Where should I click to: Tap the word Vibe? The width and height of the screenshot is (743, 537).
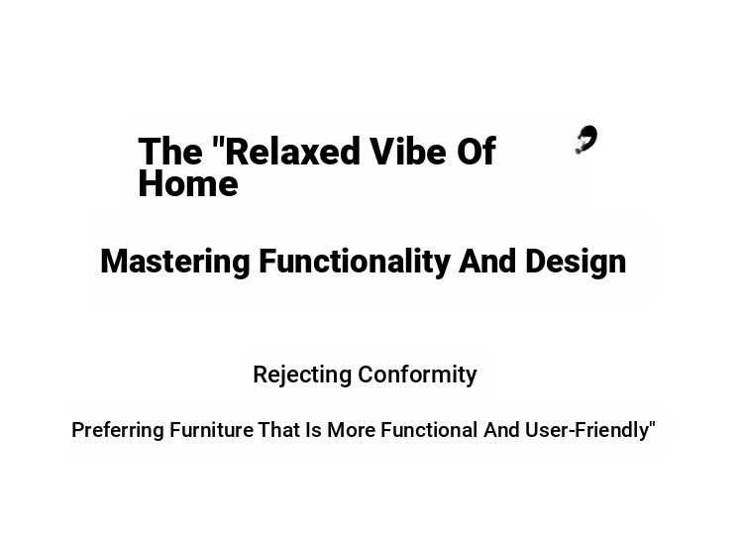point(407,152)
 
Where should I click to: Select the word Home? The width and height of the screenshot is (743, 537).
point(188,184)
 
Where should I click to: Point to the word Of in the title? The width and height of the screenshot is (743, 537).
point(477,152)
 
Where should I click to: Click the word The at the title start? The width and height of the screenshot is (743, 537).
point(170,152)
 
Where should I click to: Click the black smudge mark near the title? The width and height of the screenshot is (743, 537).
point(586,140)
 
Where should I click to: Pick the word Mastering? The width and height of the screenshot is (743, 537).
point(175,263)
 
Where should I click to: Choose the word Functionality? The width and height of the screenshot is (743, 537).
point(355,263)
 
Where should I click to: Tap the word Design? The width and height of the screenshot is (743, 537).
point(576,263)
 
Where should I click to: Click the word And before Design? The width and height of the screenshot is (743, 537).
point(487,262)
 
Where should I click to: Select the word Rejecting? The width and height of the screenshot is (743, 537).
point(302,376)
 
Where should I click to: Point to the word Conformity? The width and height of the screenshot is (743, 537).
point(417,376)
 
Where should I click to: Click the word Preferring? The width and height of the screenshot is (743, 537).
point(118,431)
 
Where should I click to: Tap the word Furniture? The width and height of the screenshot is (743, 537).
point(211,430)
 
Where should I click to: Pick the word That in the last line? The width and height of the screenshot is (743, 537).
point(278,430)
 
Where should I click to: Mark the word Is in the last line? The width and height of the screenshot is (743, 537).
point(313,430)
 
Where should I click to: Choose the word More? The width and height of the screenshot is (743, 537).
point(352,430)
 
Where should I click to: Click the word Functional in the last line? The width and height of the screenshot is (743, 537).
point(429,430)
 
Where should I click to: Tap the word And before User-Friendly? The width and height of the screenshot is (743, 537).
point(502,430)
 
